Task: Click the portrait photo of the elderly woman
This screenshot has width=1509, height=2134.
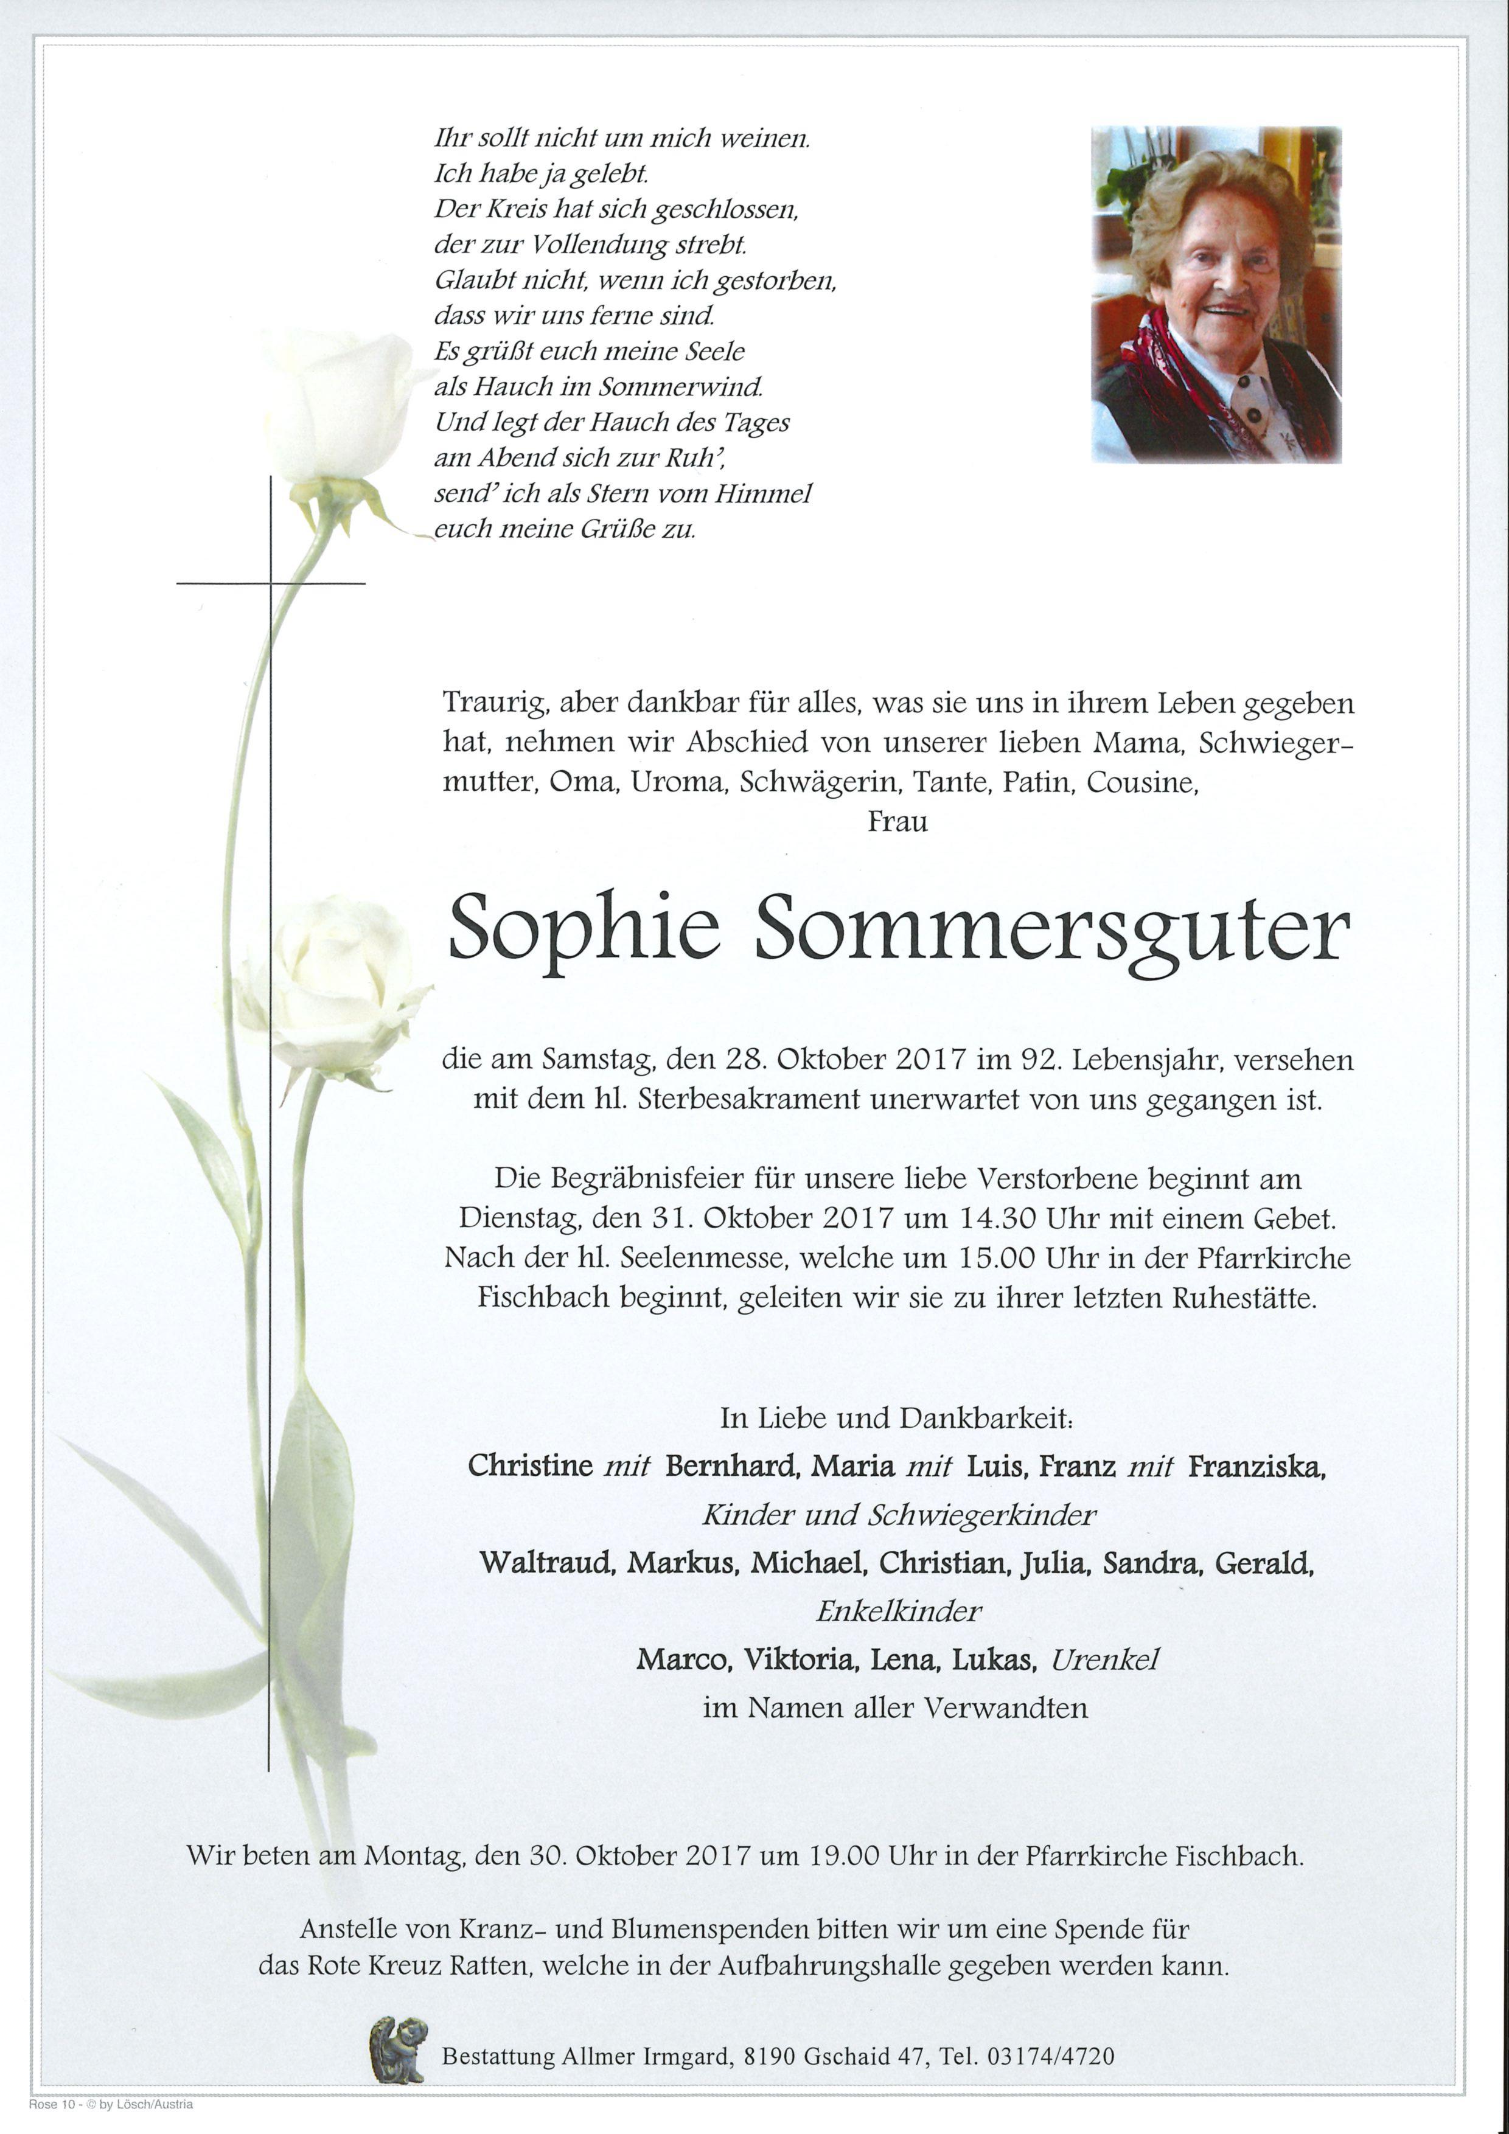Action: click(x=1216, y=294)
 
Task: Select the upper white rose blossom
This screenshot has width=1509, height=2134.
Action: click(x=340, y=409)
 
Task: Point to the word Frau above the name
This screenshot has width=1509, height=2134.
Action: click(x=897, y=822)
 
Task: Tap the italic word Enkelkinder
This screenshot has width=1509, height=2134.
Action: click(x=897, y=1611)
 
